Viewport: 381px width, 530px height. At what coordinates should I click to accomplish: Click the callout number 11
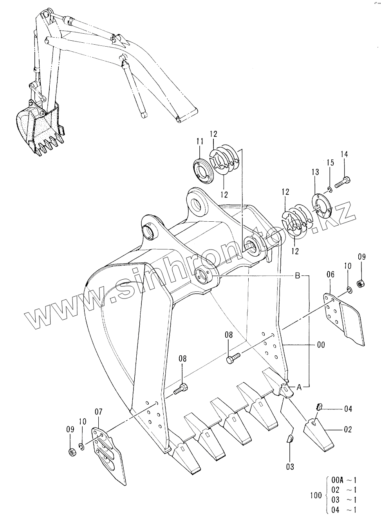point(200,141)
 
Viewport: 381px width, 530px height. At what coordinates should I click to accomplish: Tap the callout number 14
point(344,154)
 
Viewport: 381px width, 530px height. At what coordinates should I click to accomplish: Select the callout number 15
point(330,163)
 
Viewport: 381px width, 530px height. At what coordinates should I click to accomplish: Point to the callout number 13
point(316,172)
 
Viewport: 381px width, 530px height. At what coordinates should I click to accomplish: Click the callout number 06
point(330,275)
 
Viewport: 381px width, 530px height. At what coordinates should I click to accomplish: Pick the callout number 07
point(99,412)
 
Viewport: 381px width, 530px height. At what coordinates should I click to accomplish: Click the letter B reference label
point(298,276)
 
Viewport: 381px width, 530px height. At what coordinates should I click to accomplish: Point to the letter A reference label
point(299,387)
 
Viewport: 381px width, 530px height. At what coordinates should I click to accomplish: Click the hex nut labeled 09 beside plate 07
point(72,452)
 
